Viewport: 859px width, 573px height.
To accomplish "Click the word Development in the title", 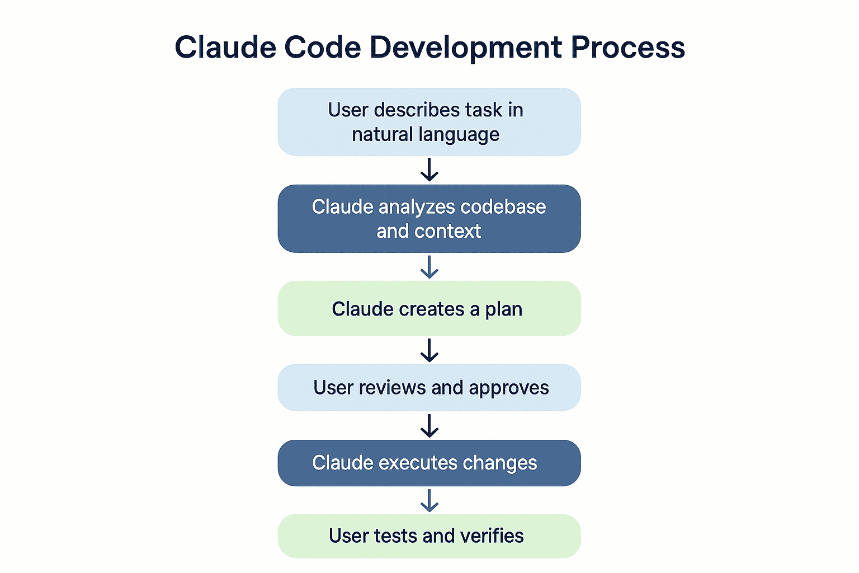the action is tap(465, 48).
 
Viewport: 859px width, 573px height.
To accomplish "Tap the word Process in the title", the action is tap(628, 48).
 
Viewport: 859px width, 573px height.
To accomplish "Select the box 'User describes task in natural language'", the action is tap(429, 121).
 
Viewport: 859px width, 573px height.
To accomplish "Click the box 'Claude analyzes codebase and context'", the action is tap(429, 219).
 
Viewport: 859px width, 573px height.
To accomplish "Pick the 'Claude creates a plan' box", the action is tap(429, 308).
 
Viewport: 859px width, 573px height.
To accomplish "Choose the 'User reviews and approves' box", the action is tap(429, 388).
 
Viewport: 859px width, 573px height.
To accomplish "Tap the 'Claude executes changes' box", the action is tap(429, 463).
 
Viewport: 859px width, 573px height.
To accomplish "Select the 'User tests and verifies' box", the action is tap(429, 536).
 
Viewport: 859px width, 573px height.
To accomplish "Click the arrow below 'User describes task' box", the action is tap(429, 170).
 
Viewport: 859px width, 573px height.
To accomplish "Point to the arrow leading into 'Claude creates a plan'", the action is tap(429, 267).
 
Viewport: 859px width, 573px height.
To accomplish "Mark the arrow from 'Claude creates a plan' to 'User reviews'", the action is tap(429, 350).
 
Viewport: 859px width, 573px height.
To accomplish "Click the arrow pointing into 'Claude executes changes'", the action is tap(429, 426).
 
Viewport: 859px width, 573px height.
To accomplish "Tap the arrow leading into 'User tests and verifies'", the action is tap(429, 500).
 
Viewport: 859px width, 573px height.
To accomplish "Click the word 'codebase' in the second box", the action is tap(503, 207).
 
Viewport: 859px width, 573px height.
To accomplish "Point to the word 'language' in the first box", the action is tap(459, 135).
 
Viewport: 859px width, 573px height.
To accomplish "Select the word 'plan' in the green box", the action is tap(503, 309).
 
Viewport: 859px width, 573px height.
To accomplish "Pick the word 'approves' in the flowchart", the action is tap(509, 388).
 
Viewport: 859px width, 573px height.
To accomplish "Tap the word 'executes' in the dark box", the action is tap(418, 463).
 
